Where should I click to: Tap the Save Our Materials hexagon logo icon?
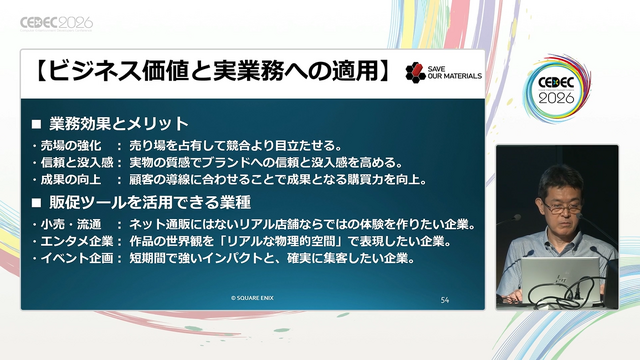(416, 72)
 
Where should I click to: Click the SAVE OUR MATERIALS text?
(455, 72)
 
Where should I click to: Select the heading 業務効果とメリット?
(119, 124)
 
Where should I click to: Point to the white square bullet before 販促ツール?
(36, 202)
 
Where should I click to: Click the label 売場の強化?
(71, 145)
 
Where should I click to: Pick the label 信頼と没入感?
(77, 162)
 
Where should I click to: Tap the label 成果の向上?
(71, 180)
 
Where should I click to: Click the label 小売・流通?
(71, 224)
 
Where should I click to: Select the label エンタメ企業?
(77, 241)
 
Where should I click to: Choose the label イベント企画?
(77, 258)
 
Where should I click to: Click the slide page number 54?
(444, 300)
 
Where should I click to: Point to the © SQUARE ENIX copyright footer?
(252, 298)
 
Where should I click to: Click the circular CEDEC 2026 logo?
(556, 89)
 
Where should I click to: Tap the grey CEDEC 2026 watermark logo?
(56, 24)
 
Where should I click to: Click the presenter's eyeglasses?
(562, 208)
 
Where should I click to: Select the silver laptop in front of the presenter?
(561, 280)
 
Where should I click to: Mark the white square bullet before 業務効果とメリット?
(36, 124)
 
